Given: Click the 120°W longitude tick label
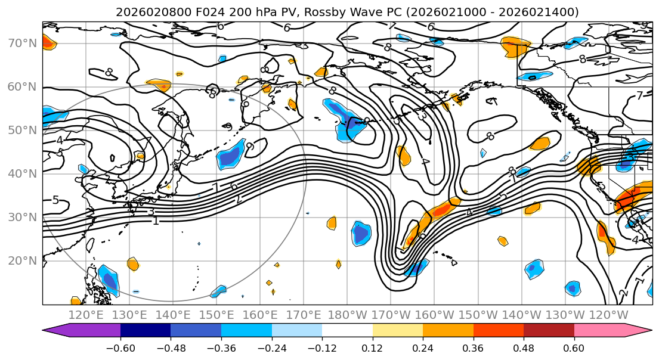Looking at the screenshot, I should click(x=609, y=315).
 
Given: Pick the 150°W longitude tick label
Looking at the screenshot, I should click(x=478, y=315).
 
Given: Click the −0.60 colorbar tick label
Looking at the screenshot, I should click(x=120, y=347).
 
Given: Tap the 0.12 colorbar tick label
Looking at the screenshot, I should click(x=372, y=347).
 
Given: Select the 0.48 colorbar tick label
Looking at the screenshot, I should click(x=524, y=347).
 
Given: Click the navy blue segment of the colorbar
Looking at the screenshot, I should click(x=145, y=331).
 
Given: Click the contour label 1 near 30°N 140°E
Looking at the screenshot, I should click(x=156, y=221).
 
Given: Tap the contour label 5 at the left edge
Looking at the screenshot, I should click(x=55, y=200).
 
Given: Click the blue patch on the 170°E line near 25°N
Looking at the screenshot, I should click(x=361, y=232).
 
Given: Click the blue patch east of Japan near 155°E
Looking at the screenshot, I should click(x=231, y=155).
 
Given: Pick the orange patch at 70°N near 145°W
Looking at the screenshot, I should click(x=515, y=46).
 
